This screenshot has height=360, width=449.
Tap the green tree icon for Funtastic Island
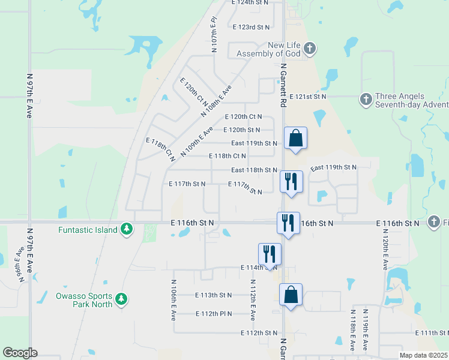126,229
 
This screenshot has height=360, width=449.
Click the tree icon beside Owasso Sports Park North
121,299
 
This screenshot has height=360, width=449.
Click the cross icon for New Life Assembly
309,48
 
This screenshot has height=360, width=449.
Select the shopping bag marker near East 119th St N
295,139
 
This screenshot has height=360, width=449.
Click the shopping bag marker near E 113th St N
291,295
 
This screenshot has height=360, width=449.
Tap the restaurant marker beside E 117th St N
292,182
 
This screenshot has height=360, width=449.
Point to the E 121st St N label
307,96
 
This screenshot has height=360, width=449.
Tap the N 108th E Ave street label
215,101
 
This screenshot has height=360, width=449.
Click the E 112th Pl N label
214,314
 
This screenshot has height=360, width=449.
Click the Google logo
20,352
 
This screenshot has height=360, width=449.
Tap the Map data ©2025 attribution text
423,355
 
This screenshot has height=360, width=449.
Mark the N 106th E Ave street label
173,298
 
